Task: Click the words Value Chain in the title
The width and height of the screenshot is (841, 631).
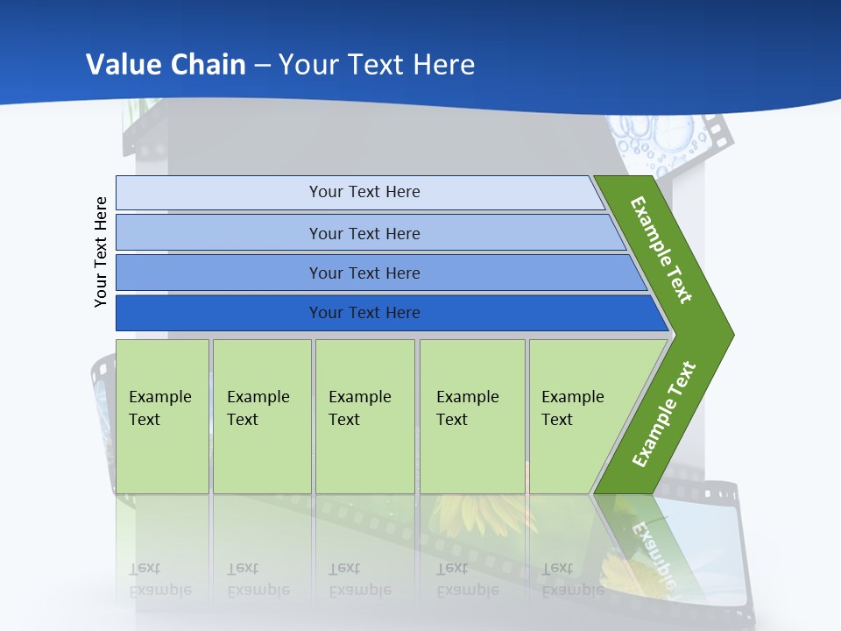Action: pyautogui.click(x=166, y=64)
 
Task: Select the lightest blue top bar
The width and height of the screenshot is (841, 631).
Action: pyautogui.click(x=360, y=193)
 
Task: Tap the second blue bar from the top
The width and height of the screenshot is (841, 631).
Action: pyautogui.click(x=370, y=232)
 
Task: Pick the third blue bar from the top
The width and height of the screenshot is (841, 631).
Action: pyautogui.click(x=381, y=273)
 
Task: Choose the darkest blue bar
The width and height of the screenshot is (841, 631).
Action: pyautogui.click(x=392, y=313)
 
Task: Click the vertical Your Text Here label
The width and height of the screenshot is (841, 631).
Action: pyautogui.click(x=100, y=252)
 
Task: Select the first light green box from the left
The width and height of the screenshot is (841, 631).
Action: pyautogui.click(x=162, y=416)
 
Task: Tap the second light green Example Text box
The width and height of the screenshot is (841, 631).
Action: pyautogui.click(x=262, y=416)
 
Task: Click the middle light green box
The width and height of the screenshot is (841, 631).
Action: pyautogui.click(x=365, y=416)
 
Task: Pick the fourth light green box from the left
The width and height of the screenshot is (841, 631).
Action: pyautogui.click(x=472, y=416)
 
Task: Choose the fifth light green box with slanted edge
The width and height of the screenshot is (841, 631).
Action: pyautogui.click(x=584, y=416)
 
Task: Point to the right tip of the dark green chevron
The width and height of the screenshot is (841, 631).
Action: pyautogui.click(x=734, y=335)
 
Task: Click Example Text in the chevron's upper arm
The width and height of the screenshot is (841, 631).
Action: pyautogui.click(x=661, y=250)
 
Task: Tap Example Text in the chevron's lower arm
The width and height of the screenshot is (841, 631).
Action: pyautogui.click(x=664, y=414)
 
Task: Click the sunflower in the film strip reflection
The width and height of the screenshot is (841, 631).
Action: pyautogui.click(x=483, y=515)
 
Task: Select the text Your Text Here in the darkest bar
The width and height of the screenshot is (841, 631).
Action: pyautogui.click(x=364, y=312)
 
